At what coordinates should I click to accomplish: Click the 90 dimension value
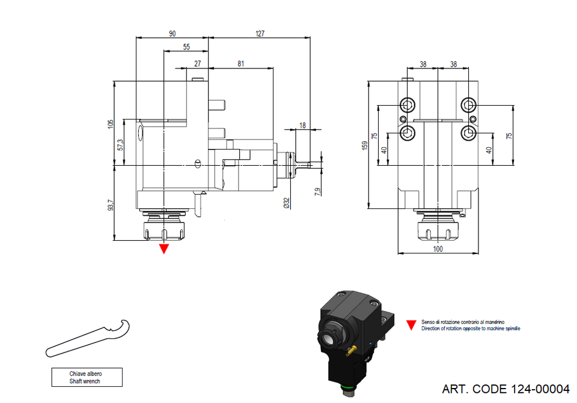(172, 34)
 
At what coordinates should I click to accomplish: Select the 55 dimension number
(186, 47)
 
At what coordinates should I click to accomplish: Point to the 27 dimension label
(197, 63)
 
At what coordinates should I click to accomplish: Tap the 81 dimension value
(240, 63)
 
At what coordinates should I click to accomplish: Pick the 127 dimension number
(260, 34)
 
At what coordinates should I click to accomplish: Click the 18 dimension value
(302, 126)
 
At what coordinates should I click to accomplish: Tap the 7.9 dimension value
(317, 191)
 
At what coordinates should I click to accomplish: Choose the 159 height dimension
(364, 145)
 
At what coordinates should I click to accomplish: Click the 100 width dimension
(438, 249)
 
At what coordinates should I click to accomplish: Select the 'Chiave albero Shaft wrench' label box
(87, 377)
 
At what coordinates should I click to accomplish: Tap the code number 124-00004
(538, 389)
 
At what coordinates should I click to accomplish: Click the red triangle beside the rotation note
(411, 325)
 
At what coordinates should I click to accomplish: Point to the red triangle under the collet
(163, 249)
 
